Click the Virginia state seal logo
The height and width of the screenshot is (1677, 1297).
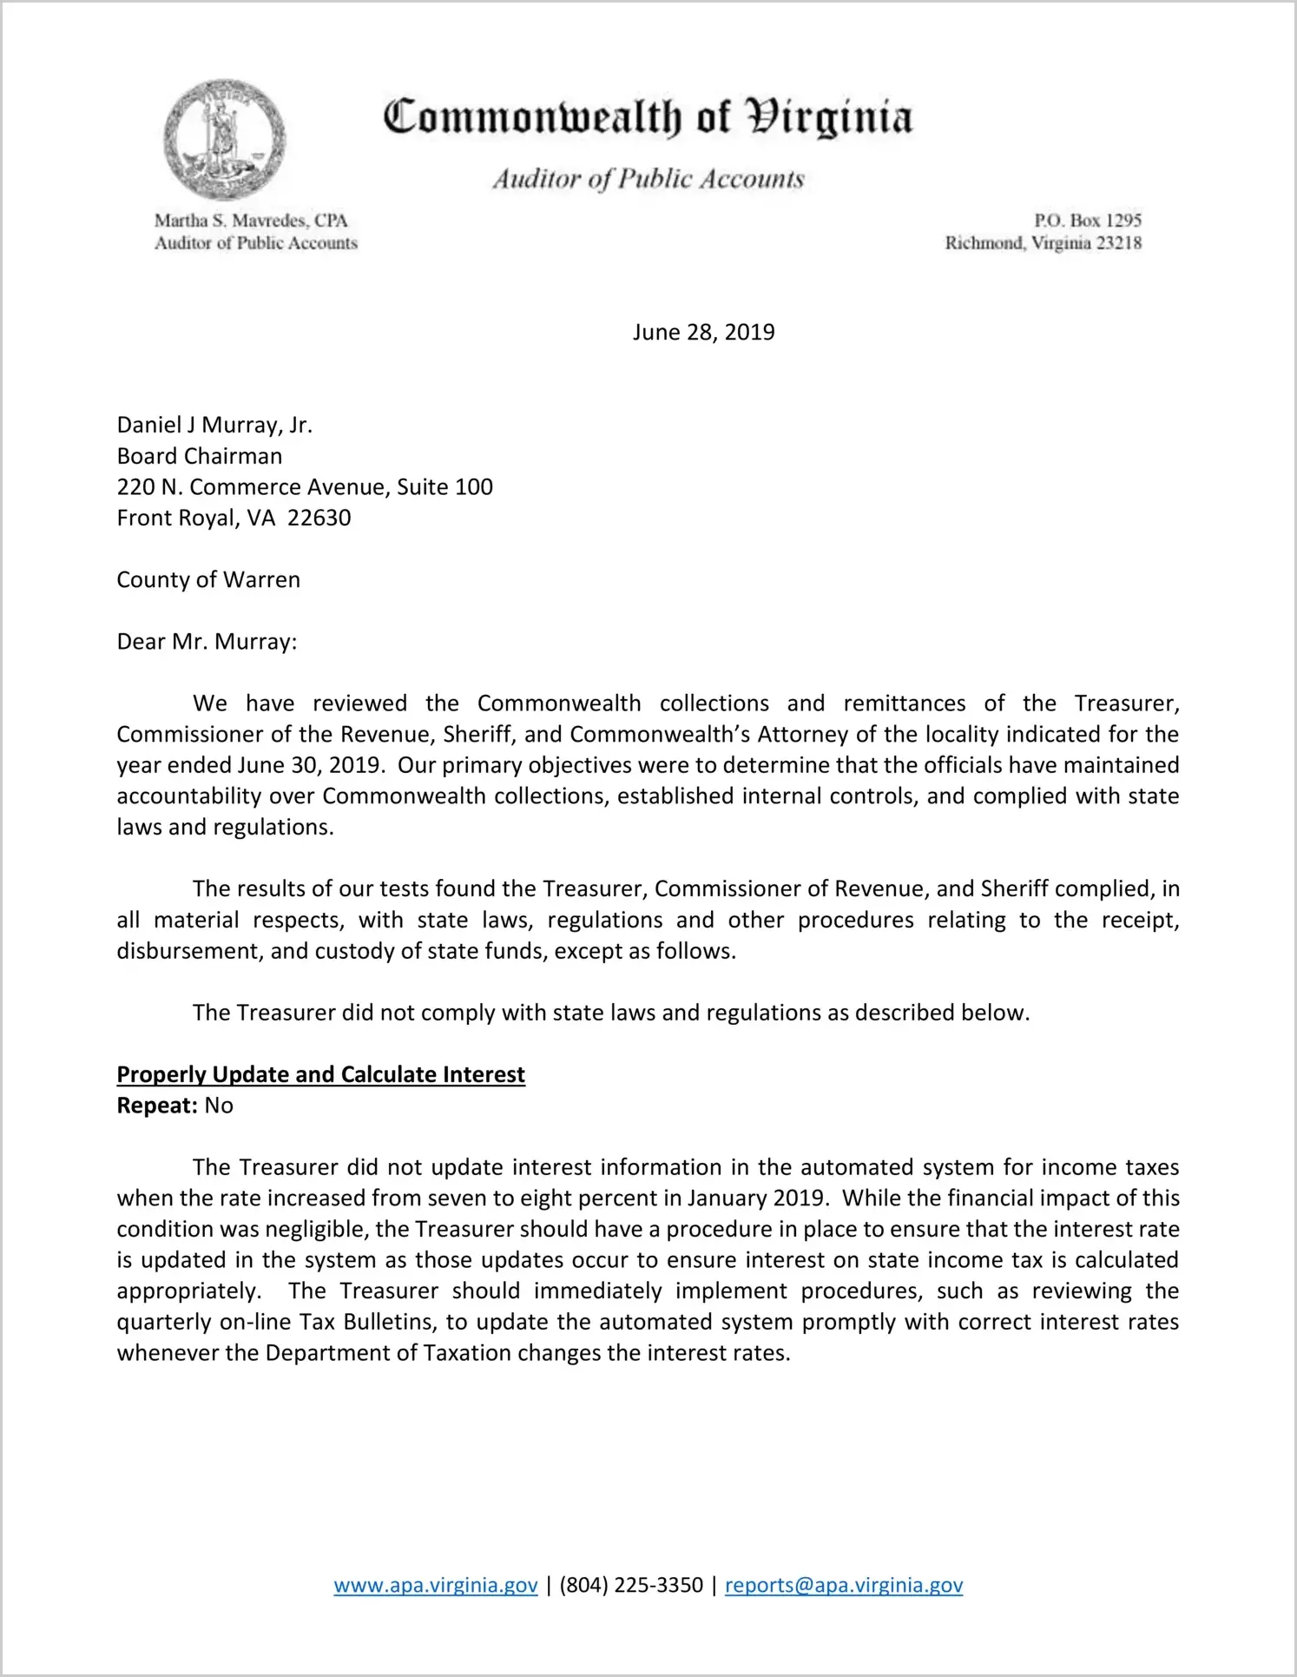(225, 140)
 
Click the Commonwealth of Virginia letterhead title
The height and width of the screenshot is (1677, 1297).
(648, 117)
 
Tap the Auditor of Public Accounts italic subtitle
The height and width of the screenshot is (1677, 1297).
(648, 179)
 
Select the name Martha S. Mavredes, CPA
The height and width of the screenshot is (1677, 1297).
(251, 221)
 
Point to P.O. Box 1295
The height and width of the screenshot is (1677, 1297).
(1087, 221)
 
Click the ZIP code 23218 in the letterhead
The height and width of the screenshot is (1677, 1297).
(1119, 243)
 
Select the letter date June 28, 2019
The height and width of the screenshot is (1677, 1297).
(703, 333)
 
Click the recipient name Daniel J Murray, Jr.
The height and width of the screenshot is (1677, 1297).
(214, 425)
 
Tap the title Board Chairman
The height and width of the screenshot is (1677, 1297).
(200, 456)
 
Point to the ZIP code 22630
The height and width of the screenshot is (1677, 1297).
(319, 518)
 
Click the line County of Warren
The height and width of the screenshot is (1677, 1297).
(208, 580)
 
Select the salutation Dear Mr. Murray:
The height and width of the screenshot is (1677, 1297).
(207, 642)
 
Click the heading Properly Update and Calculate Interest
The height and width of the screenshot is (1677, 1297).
(320, 1075)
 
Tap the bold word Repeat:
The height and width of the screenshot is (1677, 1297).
(157, 1106)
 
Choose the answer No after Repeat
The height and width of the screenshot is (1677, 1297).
(219, 1106)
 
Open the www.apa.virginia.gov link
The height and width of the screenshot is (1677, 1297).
(436, 1586)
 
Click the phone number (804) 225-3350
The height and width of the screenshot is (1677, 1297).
(631, 1586)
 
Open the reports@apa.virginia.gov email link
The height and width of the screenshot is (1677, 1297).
(844, 1586)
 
